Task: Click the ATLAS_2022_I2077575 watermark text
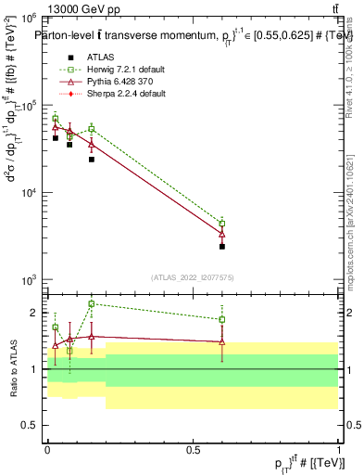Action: point(193,276)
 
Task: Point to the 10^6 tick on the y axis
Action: point(31,18)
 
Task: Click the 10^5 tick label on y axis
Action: point(31,105)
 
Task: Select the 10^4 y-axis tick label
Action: point(31,192)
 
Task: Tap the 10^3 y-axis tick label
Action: point(31,279)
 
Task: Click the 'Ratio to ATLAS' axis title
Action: point(12,369)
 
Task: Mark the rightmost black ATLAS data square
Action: point(222,247)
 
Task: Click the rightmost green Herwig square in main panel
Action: point(222,223)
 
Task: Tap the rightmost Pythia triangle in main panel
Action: point(222,233)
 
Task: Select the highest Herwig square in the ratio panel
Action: point(91,303)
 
